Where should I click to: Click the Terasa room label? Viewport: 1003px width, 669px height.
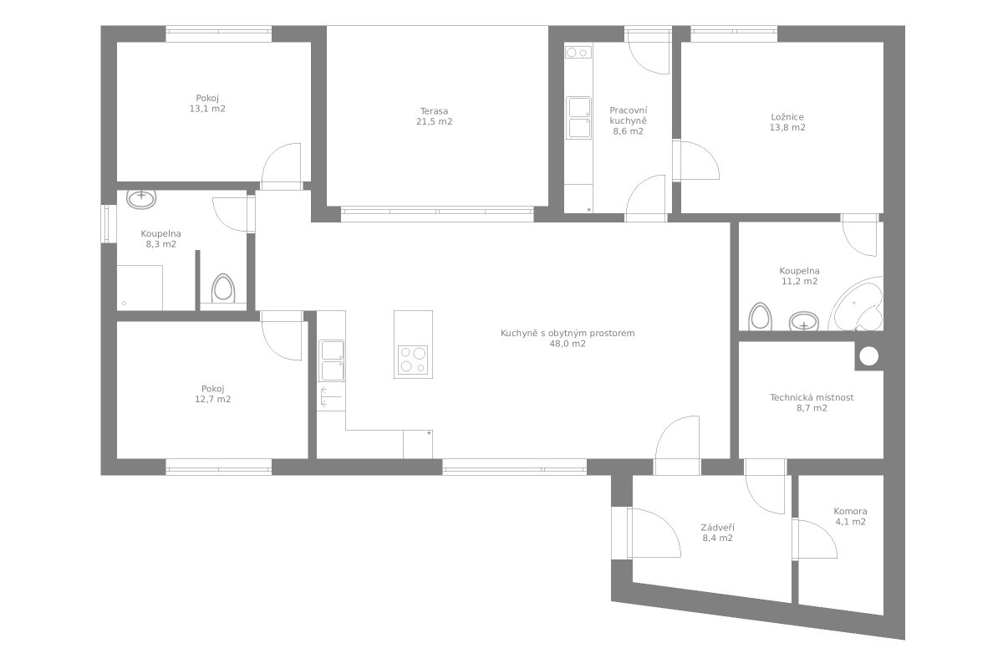(x=434, y=111)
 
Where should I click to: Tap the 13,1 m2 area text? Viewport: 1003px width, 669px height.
(x=207, y=109)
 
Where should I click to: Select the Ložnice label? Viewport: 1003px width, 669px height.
(x=787, y=117)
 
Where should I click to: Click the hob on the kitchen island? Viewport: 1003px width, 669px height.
(x=413, y=360)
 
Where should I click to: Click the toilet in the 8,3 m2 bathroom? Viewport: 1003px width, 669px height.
(x=223, y=289)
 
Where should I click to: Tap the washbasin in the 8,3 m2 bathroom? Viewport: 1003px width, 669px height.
(x=141, y=198)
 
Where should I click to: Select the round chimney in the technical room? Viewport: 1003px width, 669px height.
(x=869, y=356)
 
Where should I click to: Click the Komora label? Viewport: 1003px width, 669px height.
(x=850, y=511)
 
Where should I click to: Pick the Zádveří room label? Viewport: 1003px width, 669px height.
(x=717, y=528)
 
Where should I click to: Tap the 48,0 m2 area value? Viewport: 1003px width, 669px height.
(x=568, y=344)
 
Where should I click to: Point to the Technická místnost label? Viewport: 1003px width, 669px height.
(x=812, y=397)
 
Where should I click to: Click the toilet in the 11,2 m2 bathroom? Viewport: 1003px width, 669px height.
(x=761, y=317)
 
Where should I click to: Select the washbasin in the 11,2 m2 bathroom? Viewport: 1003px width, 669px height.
(x=804, y=321)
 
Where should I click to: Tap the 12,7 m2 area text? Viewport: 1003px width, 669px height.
(x=212, y=399)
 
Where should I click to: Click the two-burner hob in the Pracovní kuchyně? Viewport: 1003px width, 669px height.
(x=578, y=53)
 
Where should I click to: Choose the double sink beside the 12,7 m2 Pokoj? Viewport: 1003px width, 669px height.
(x=331, y=360)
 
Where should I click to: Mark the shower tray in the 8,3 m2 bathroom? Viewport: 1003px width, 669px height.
(x=140, y=288)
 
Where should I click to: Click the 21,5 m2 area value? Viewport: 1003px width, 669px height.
(x=434, y=121)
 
